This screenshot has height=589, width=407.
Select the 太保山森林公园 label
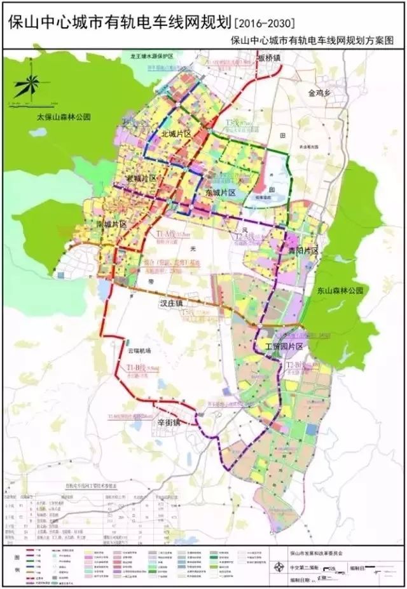[64, 118]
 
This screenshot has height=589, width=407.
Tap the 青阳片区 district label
[301, 252]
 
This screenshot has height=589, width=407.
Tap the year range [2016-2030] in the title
[265, 24]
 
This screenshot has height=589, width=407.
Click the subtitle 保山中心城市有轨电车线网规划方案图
[314, 40]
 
